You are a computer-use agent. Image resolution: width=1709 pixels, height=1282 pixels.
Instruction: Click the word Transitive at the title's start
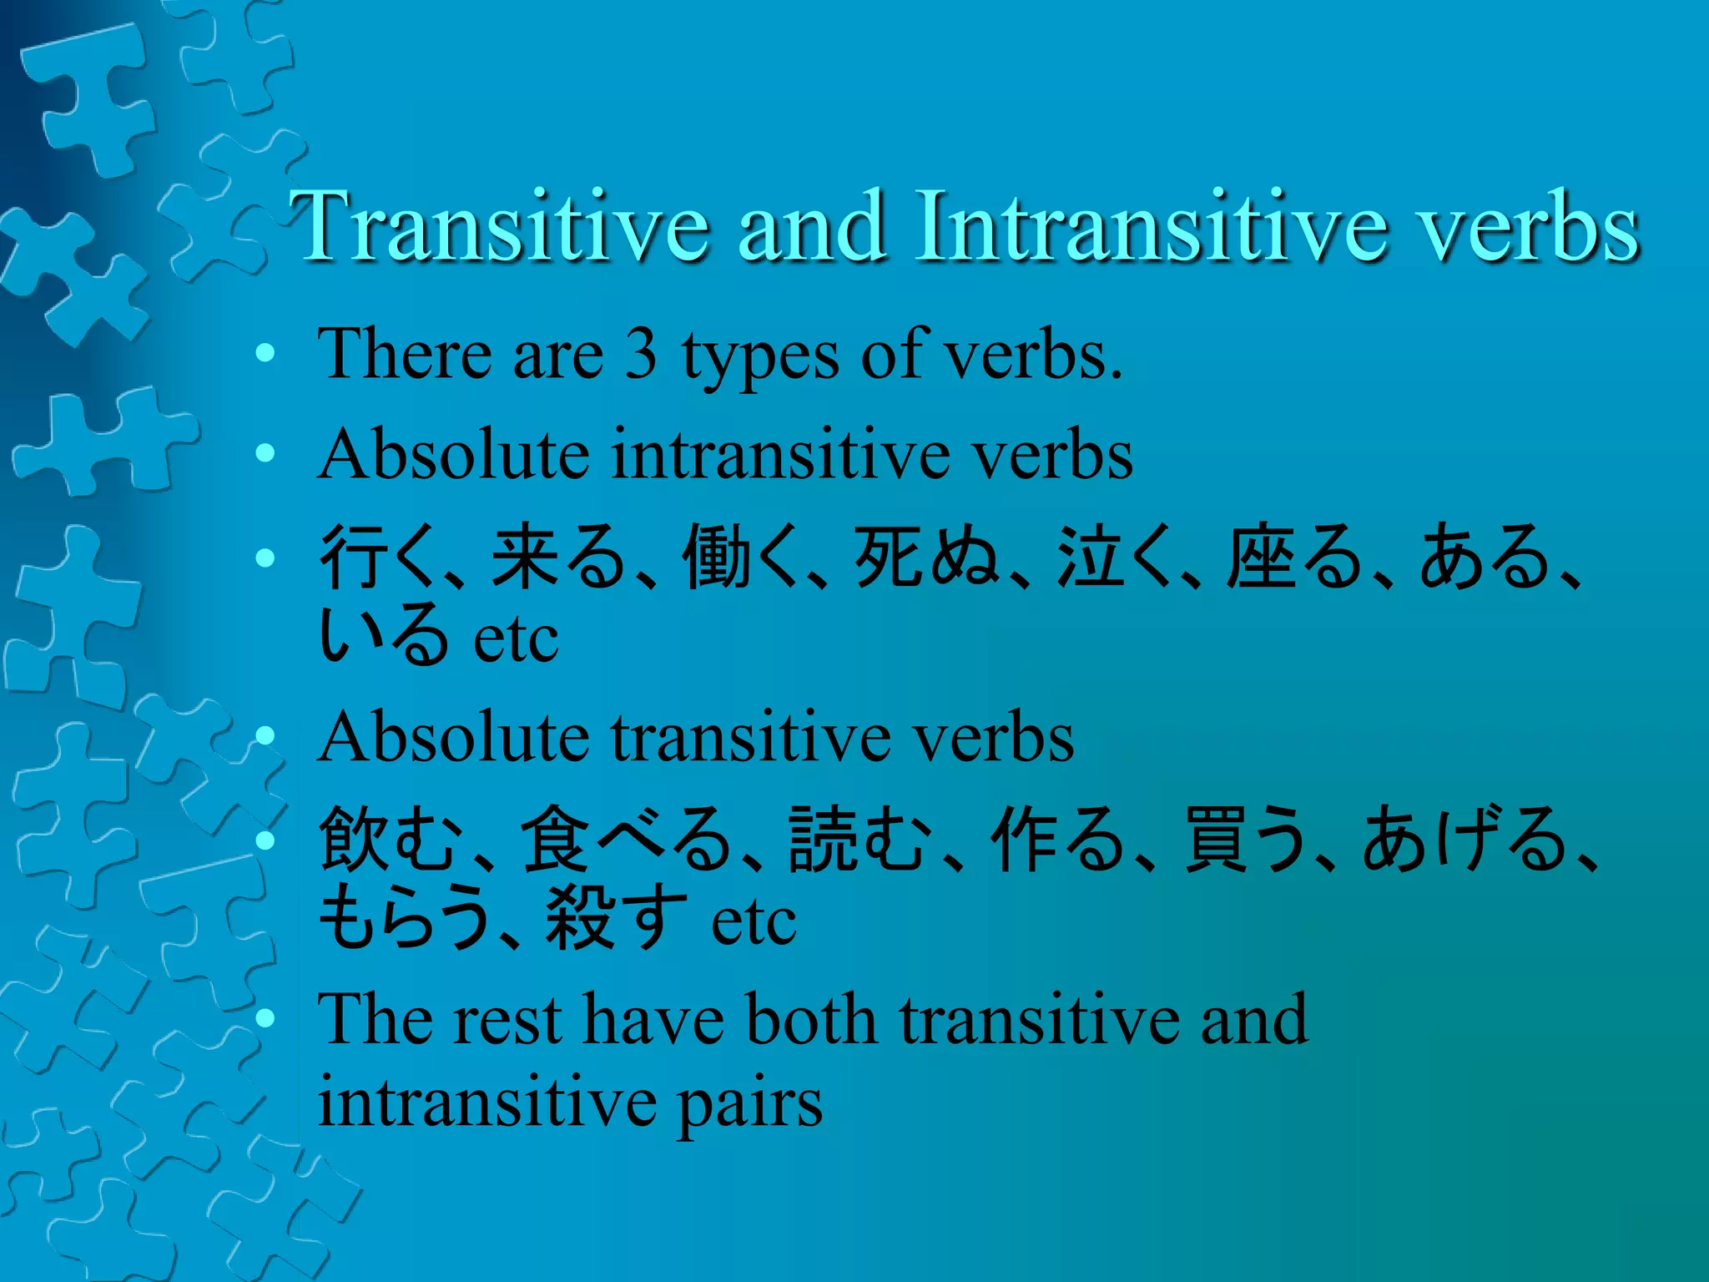click(499, 225)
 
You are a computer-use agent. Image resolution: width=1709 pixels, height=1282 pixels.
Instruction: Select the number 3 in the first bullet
click(641, 355)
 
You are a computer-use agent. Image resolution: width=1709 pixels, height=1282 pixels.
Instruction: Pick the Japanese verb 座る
click(1294, 557)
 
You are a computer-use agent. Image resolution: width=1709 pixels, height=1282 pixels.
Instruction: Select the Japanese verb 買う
click(1244, 839)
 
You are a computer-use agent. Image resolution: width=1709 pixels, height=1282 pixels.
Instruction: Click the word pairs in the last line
click(749, 1103)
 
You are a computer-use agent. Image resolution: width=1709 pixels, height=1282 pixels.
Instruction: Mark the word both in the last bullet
click(811, 1020)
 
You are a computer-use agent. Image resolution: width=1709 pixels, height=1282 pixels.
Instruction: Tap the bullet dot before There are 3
click(265, 354)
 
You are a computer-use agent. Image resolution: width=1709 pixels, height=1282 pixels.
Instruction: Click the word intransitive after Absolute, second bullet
click(782, 455)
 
